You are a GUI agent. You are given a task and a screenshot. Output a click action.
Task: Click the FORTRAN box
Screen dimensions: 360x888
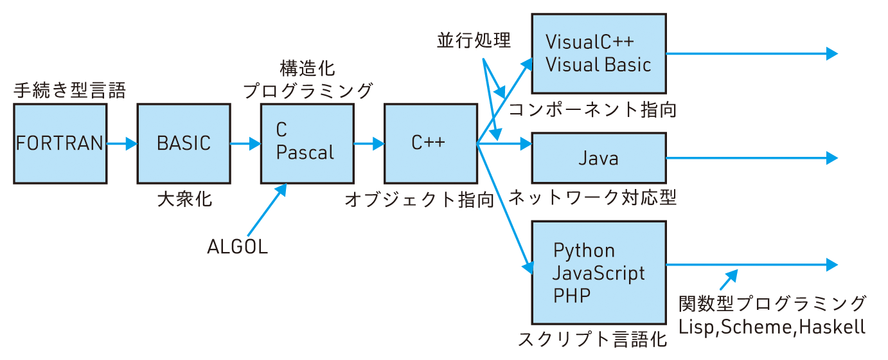tap(60, 144)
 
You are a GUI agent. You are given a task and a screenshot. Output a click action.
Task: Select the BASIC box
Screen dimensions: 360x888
tap(184, 144)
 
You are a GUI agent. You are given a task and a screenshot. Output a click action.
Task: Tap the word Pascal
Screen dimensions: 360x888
tap(306, 153)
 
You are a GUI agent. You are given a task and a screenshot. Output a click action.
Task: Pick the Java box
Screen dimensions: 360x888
tap(598, 158)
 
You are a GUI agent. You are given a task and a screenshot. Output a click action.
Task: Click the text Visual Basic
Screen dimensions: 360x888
tap(598, 64)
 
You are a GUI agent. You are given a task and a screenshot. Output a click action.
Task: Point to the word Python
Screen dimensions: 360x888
tap(583, 250)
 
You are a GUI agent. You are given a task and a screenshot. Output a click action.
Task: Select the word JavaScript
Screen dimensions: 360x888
tap(599, 273)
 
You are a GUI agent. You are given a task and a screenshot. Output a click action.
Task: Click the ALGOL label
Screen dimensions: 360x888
tap(237, 246)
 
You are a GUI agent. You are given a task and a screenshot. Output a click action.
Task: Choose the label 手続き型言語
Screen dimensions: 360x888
tap(69, 91)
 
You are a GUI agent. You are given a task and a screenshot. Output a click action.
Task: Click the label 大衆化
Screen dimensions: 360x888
tap(184, 199)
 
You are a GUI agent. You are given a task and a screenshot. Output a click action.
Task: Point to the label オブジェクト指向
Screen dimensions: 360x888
tap(419, 199)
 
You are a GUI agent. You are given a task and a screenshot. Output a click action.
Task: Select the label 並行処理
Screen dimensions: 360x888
tap(474, 42)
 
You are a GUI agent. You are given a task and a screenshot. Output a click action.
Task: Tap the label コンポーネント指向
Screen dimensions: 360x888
tap(592, 110)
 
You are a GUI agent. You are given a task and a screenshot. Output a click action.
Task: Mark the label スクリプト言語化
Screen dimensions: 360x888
tap(592, 339)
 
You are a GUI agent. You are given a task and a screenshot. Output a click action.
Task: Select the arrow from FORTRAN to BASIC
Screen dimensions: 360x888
tap(122, 144)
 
